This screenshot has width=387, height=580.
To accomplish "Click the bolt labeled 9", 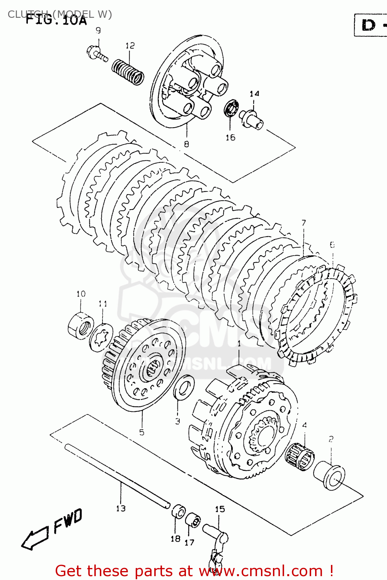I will coord(96,53).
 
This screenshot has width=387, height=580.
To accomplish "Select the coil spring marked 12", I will coord(128,72).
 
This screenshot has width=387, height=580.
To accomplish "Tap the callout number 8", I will coord(186,144).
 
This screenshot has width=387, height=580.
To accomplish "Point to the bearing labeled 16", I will coord(232,107).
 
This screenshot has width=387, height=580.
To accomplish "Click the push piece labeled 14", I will coord(252,119).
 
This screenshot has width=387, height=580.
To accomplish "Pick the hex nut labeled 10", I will coord(80,326).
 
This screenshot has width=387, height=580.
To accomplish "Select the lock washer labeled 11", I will coord(101,337).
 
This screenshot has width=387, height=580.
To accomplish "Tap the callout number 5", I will coord(142,432).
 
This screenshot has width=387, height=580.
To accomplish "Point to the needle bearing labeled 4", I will coord(299,454).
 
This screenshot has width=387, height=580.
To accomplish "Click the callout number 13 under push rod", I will coord(121,508).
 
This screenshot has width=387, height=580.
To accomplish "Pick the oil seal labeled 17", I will coord(193,520).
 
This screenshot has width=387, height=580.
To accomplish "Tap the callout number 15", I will coord(220,509).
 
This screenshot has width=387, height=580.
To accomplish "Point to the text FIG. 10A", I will coord(56,19).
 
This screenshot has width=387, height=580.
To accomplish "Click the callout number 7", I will coord(303,223).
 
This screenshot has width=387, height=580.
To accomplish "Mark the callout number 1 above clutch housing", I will coord(239,343).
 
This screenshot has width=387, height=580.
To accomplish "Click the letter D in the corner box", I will coord(368,26).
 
